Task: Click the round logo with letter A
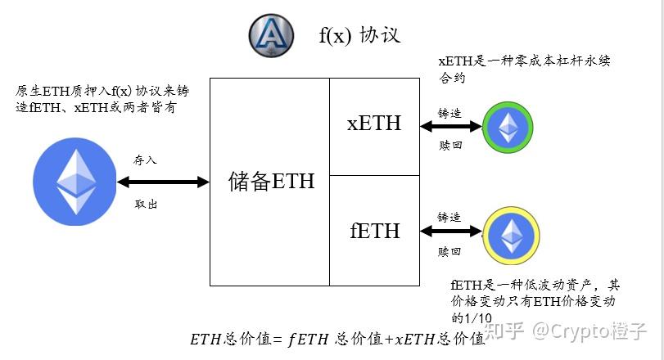pyautogui.click(x=271, y=34)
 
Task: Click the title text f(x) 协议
pyautogui.click(x=359, y=36)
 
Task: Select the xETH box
pyautogui.click(x=373, y=124)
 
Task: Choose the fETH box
pyautogui.click(x=373, y=231)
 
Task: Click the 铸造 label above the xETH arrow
pyautogui.click(x=449, y=111)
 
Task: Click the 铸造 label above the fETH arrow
pyautogui.click(x=449, y=217)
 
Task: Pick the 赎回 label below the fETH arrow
pyautogui.click(x=449, y=252)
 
